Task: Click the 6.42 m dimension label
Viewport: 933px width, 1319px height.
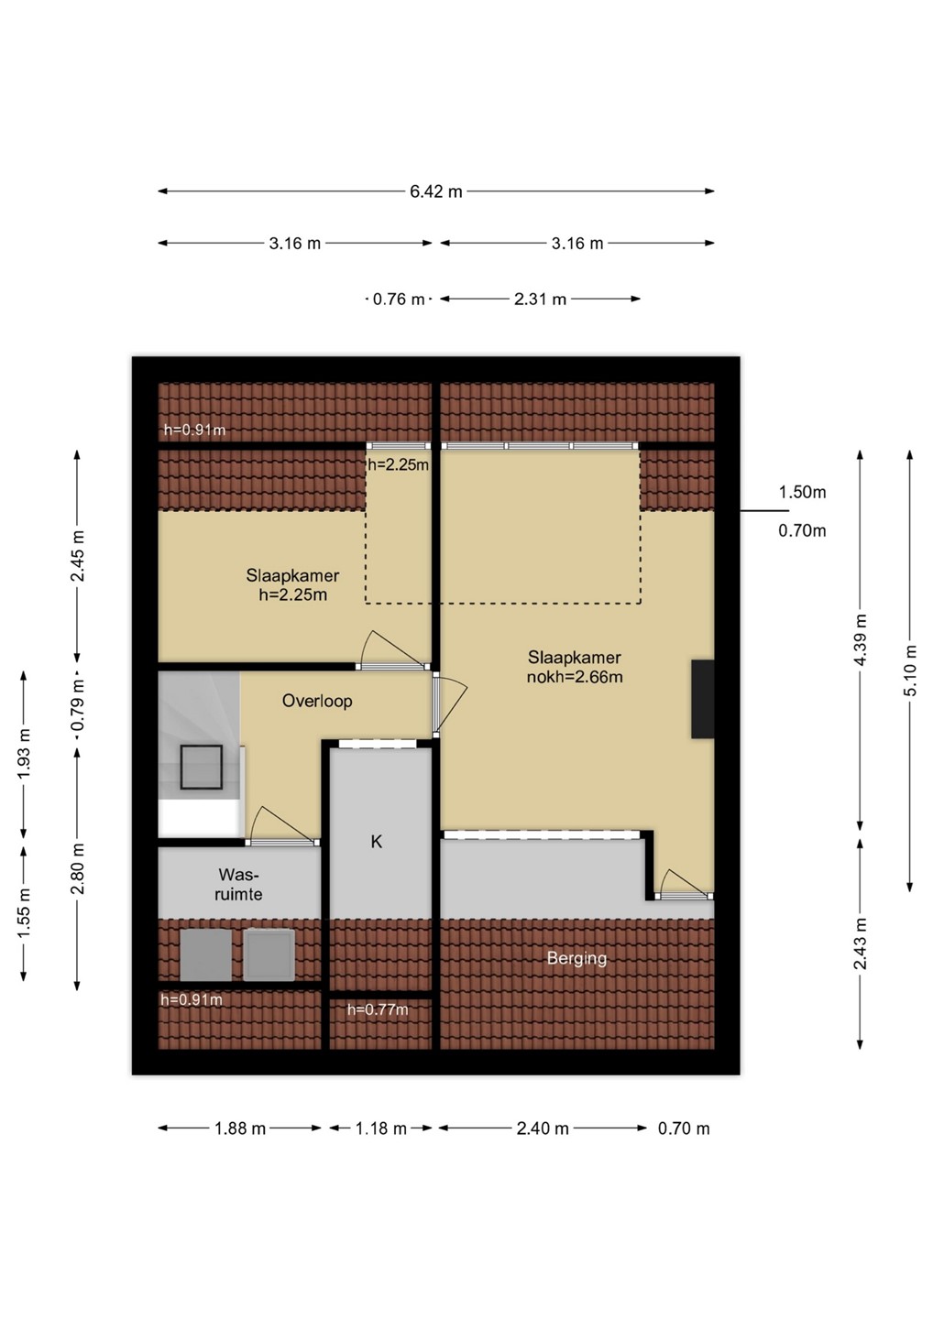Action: point(436,192)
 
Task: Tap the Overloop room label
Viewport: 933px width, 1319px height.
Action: point(317,701)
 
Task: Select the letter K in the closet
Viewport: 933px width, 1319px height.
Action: point(377,842)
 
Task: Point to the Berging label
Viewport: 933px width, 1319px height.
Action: point(576,959)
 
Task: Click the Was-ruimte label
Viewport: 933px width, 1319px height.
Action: point(239,885)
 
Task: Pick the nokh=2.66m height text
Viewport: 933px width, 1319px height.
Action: point(575,677)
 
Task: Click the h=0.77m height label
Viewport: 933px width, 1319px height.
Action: point(378,1010)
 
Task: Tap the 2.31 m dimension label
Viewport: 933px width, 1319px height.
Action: point(540,300)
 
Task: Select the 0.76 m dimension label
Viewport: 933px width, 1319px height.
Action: point(399,300)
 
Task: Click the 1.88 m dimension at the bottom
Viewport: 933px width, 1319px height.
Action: point(240,1128)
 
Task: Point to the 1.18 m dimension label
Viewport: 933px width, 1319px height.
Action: point(380,1128)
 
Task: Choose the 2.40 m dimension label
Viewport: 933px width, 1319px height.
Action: point(543,1128)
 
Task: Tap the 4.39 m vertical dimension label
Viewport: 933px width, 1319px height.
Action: point(861,640)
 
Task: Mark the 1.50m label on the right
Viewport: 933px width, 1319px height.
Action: point(802,492)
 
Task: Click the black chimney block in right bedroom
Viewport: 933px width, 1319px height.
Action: point(703,699)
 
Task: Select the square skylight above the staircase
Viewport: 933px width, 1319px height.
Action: point(202,768)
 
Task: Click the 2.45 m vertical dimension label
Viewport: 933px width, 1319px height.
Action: point(78,556)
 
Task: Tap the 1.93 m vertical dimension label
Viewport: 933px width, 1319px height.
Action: point(24,753)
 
